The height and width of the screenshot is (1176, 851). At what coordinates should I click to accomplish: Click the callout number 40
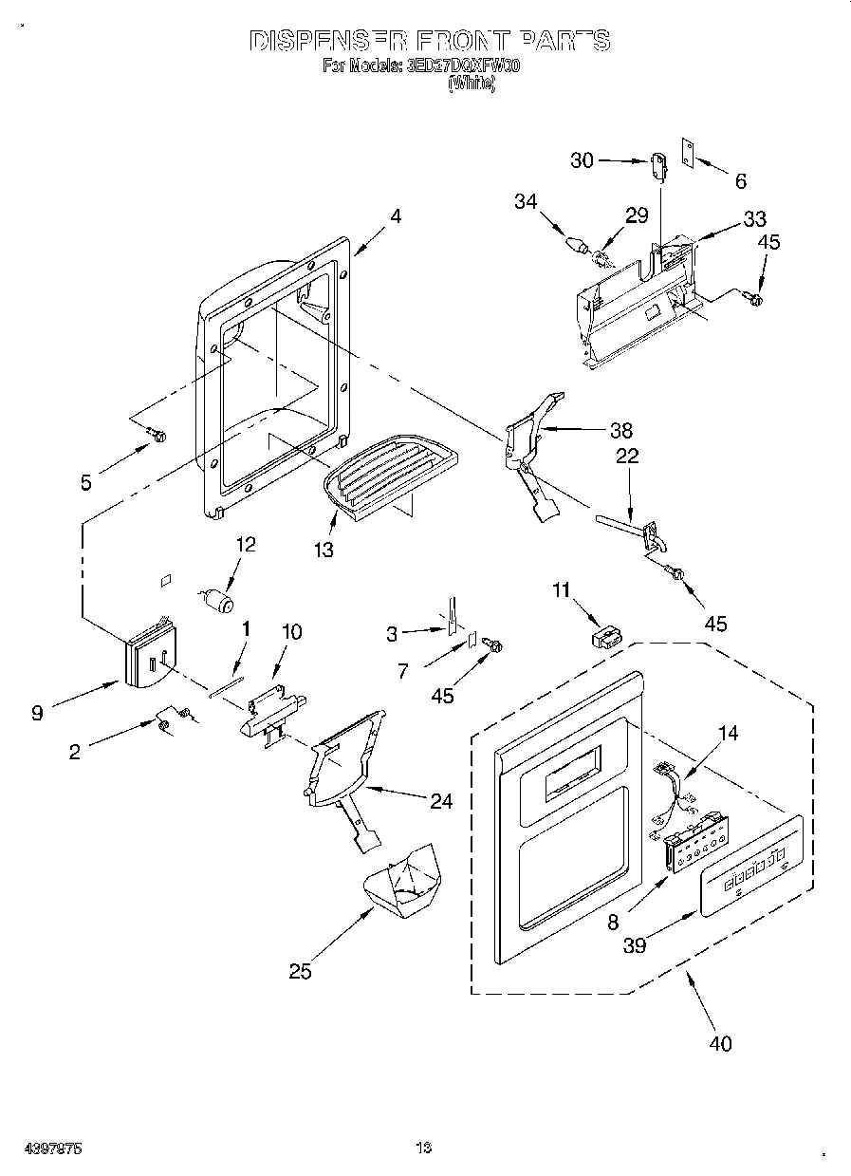720,1043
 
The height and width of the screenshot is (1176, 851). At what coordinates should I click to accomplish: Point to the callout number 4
395,215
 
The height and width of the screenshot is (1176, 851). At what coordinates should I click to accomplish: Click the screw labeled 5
157,435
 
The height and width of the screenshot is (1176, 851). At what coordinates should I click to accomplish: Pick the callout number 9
37,714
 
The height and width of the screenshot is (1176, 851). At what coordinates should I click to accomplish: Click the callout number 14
729,733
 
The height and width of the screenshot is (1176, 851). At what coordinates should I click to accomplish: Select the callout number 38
621,429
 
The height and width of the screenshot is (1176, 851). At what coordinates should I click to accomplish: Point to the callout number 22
627,457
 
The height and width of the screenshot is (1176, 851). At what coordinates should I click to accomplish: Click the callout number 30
583,160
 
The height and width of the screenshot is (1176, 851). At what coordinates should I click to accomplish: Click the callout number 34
526,200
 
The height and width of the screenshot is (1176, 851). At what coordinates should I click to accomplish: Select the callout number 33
754,218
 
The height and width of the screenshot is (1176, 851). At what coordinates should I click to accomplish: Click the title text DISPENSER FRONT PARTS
429,41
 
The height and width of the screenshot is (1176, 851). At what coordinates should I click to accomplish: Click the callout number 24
440,800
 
